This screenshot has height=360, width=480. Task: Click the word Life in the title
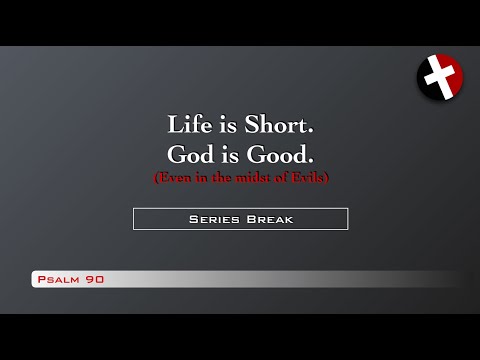point(188,126)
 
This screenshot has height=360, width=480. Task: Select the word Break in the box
point(270,219)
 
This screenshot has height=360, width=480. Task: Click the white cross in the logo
point(439,76)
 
